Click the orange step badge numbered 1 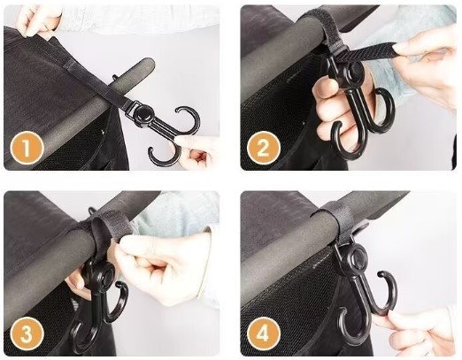click(27, 148)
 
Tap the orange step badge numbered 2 click(264, 148)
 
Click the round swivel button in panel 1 click(142, 115)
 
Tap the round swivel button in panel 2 click(354, 71)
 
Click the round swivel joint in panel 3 click(105, 274)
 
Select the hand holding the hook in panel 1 click(195, 153)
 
